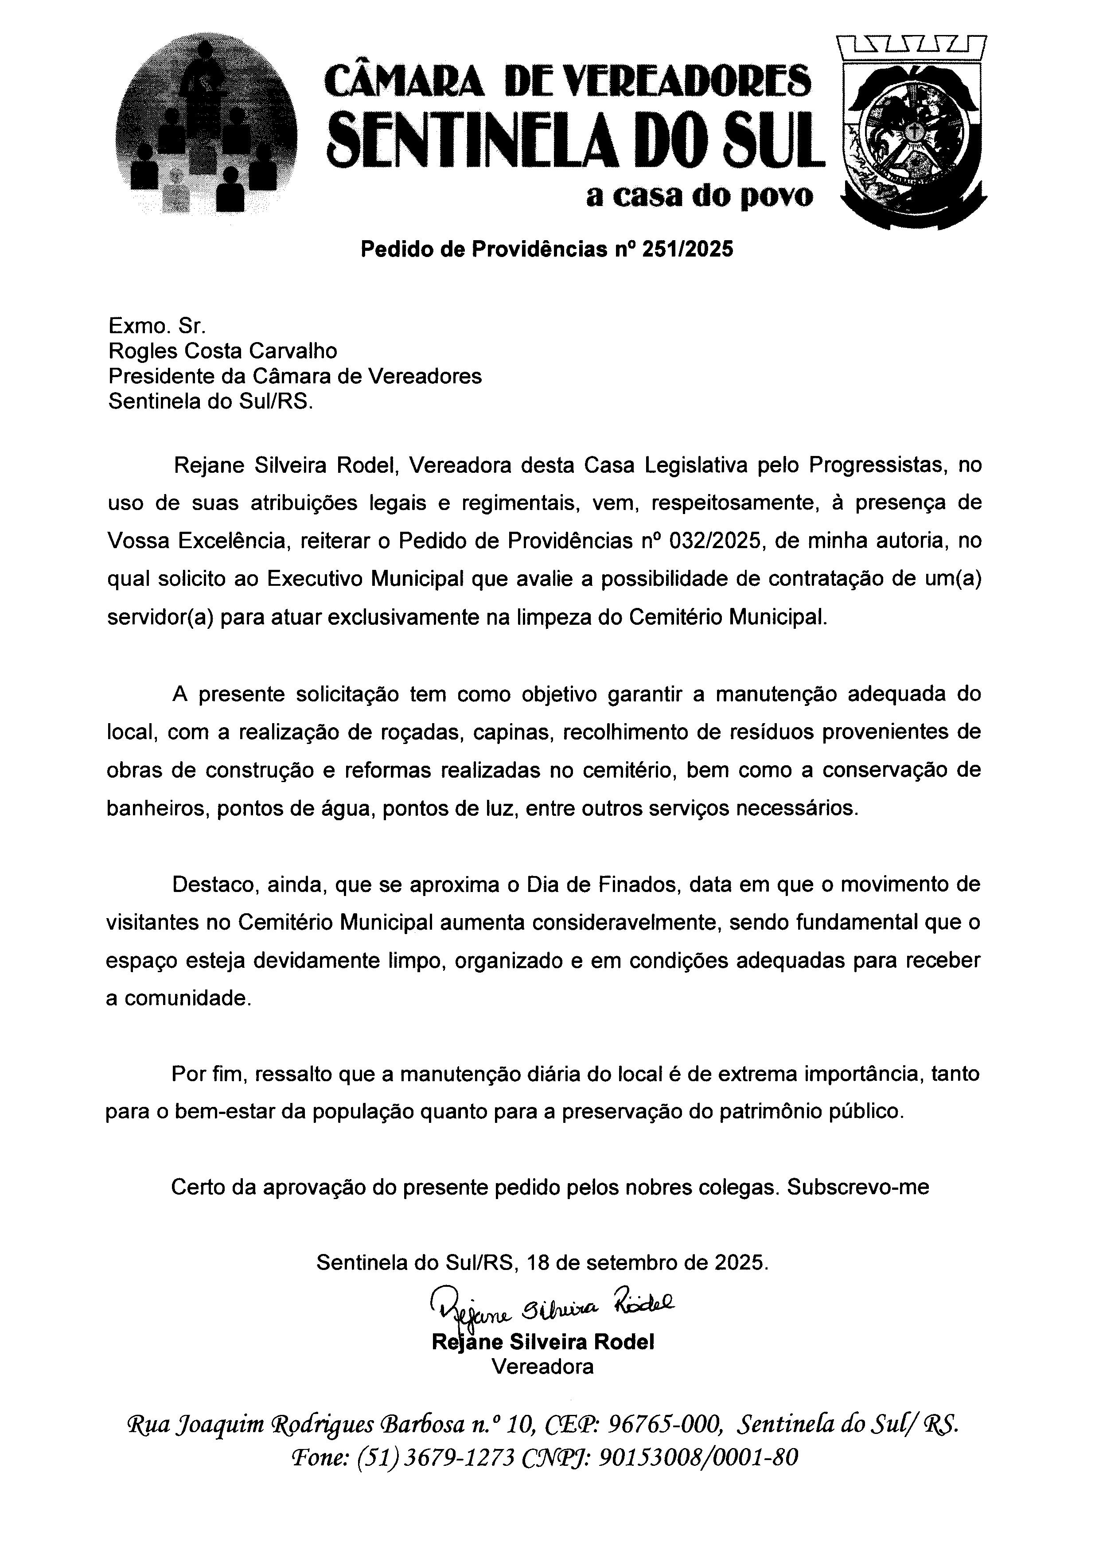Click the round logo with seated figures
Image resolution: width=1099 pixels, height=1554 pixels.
[207, 125]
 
